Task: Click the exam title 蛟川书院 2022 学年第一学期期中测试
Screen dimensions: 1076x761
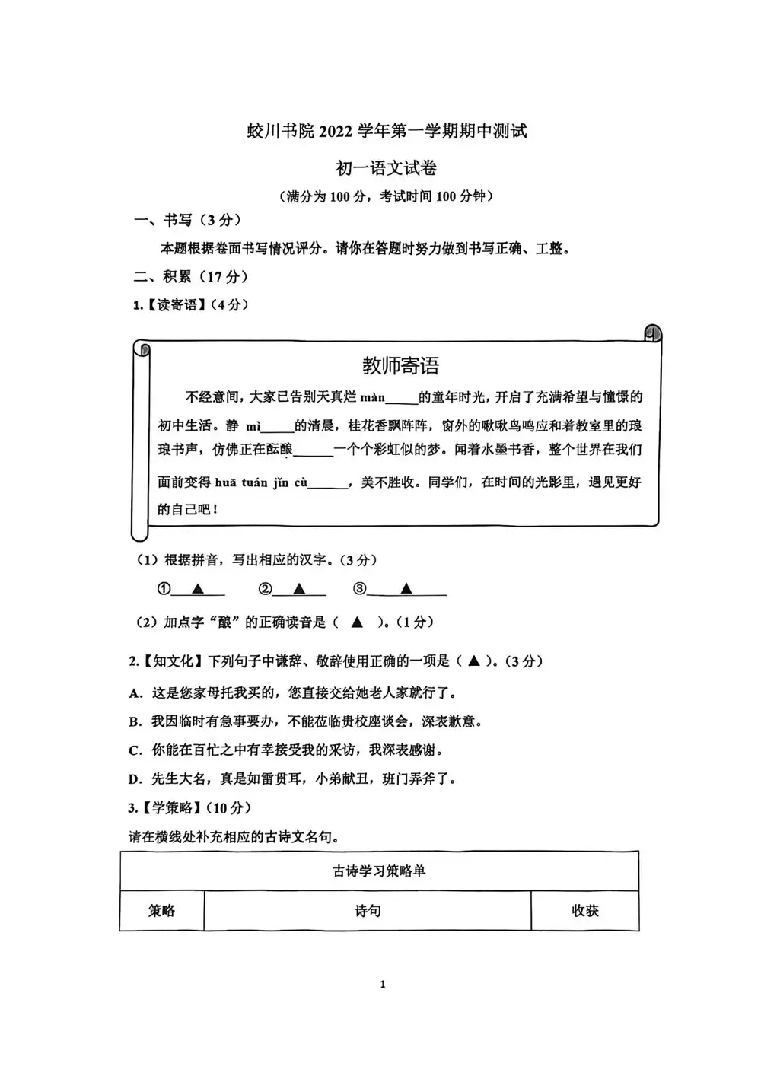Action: tap(387, 132)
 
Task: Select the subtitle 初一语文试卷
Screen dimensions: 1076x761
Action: tap(387, 168)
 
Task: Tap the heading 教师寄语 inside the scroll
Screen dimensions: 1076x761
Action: tap(400, 366)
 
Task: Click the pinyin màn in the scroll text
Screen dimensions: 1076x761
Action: tap(373, 397)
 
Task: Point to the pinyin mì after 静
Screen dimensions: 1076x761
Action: tap(253, 426)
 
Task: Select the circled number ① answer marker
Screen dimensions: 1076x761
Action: tap(163, 589)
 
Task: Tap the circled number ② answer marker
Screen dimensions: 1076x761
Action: tap(265, 589)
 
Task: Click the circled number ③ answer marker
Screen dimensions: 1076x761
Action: tap(360, 589)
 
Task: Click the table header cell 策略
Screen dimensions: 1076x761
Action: tap(161, 911)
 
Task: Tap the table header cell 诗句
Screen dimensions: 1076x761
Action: tap(368, 911)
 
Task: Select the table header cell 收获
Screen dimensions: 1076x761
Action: tap(585, 911)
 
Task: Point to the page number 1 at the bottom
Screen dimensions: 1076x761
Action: tap(382, 985)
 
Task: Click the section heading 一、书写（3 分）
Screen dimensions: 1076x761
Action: tap(187, 221)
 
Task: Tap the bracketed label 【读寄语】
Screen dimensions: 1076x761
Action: tap(175, 305)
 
